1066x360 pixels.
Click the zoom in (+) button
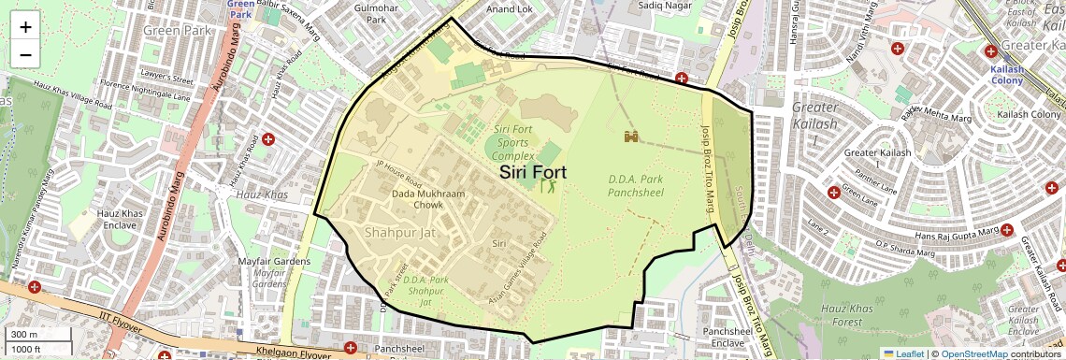coord(25,26)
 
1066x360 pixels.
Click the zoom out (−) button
coord(25,54)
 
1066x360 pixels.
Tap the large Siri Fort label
coord(533,172)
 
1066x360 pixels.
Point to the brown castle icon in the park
coord(631,137)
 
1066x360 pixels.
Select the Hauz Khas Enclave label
coord(120,220)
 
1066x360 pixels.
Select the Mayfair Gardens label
coord(273,262)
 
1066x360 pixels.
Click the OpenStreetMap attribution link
coord(974,353)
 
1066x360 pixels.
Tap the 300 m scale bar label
coord(24,334)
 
